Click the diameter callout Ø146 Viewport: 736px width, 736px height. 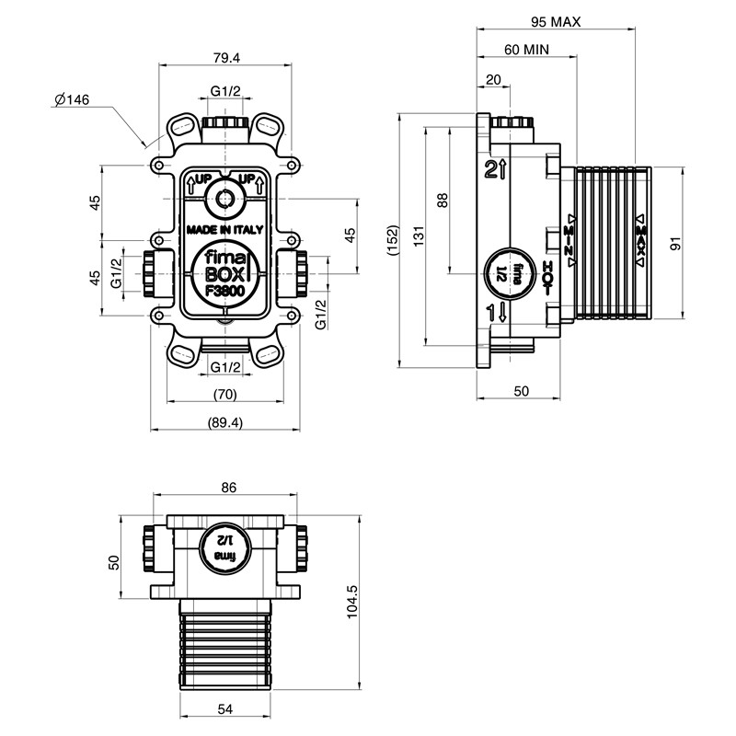[71, 99]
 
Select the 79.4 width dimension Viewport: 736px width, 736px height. [224, 57]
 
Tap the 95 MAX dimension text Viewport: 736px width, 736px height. [557, 21]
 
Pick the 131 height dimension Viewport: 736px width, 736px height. [419, 237]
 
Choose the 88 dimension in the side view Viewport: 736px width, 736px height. [443, 201]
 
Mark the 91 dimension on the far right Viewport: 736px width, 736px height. [675, 244]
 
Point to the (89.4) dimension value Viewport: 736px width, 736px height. [225, 422]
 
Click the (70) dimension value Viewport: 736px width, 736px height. [224, 395]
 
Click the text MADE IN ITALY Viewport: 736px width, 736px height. [225, 229]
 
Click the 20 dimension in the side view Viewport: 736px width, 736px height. [493, 80]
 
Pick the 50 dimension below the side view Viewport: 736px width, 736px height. [521, 391]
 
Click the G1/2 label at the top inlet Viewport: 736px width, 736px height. [225, 90]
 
